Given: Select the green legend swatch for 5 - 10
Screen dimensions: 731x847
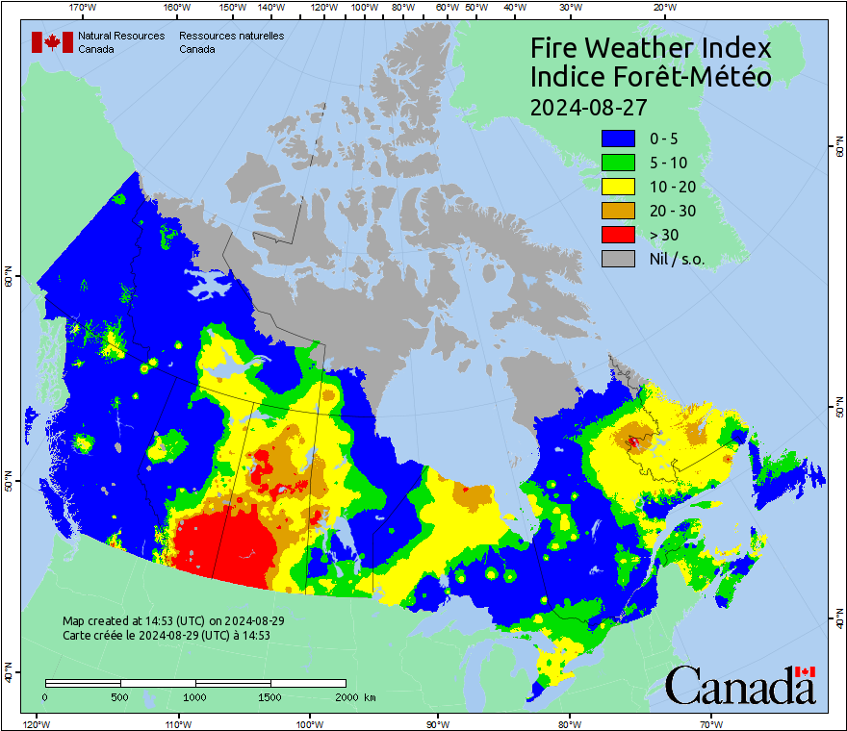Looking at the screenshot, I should (x=618, y=164).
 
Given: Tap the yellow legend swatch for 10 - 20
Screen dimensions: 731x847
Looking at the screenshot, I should (x=618, y=187).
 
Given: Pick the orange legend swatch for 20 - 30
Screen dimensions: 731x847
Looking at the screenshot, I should (x=618, y=211).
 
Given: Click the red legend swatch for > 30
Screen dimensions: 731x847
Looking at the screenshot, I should (x=618, y=235).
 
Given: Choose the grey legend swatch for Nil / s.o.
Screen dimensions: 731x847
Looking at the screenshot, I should (x=618, y=259).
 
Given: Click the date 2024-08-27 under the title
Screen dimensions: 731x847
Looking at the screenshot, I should (x=588, y=106).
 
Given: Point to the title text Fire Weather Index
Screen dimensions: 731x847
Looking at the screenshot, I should (x=652, y=48).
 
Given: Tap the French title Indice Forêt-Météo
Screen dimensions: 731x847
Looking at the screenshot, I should (x=651, y=77).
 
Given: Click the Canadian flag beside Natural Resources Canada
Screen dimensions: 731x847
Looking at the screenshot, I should (x=53, y=42).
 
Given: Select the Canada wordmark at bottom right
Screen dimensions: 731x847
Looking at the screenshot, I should (x=740, y=686).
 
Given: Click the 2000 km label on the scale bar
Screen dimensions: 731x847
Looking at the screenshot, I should (x=355, y=697).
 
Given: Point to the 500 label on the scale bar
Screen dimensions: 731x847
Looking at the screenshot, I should (x=120, y=697).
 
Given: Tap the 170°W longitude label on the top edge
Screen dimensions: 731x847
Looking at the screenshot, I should (x=84, y=8).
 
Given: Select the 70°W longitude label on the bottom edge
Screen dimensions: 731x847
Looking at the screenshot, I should (x=711, y=722).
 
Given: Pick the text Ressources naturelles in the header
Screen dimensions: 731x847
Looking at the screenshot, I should (x=231, y=37).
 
